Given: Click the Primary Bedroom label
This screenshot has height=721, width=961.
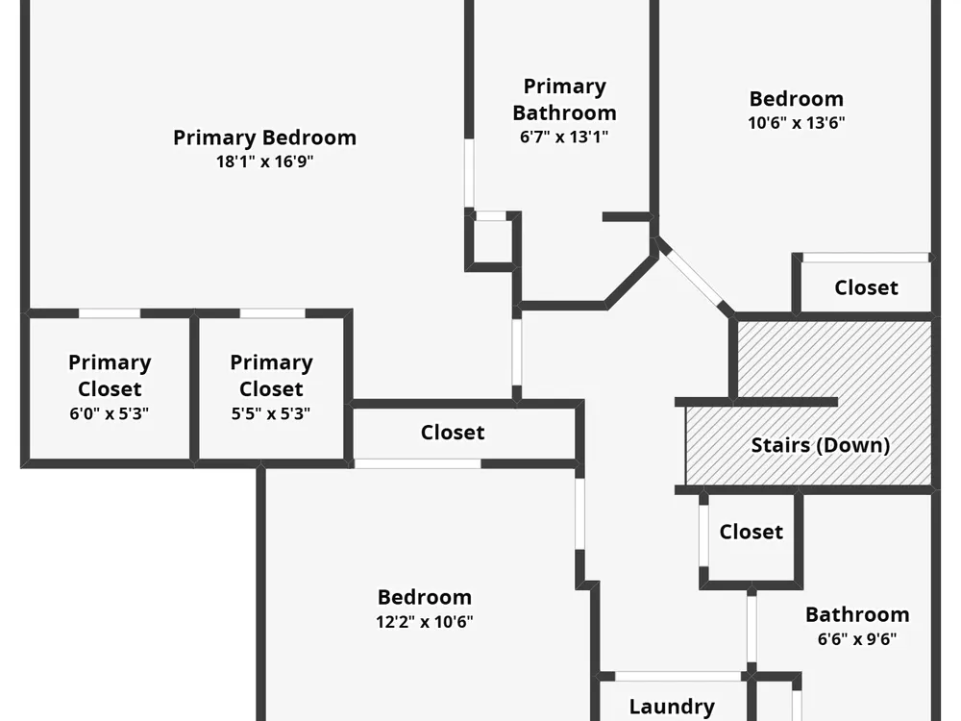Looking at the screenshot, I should tap(264, 137).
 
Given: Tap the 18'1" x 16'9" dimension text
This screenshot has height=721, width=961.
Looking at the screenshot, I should tap(264, 162).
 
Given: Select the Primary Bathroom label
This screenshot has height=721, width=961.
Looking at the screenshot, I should tap(564, 99).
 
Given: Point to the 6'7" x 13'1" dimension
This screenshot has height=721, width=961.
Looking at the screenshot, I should tap(564, 137).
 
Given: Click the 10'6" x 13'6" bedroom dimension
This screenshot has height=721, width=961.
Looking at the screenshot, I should tap(796, 122).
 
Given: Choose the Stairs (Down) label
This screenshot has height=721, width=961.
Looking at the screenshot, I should tap(820, 445).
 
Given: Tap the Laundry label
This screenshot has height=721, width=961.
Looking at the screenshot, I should tap(672, 707).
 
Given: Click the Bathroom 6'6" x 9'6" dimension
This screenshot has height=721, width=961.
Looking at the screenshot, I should tap(856, 638).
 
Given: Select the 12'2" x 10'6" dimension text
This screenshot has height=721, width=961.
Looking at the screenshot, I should tap(424, 621).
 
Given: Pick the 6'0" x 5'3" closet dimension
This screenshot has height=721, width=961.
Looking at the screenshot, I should tap(110, 414).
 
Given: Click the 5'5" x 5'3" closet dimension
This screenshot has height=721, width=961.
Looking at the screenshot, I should tap(271, 414).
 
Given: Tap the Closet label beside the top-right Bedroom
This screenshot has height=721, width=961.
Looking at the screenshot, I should tap(866, 287).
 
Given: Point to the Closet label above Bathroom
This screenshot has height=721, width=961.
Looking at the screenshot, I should tap(751, 532).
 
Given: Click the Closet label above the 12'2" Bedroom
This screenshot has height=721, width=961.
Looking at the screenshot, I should tap(453, 433).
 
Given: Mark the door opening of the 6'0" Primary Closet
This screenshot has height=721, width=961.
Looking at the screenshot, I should tap(109, 313).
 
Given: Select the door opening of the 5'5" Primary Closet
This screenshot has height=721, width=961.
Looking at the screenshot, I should tap(272, 313).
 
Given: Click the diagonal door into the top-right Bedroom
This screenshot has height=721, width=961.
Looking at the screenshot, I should tap(693, 278).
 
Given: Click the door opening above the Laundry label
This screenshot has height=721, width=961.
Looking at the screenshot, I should tap(678, 676).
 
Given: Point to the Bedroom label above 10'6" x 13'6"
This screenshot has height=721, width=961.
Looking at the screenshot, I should tap(796, 98).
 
